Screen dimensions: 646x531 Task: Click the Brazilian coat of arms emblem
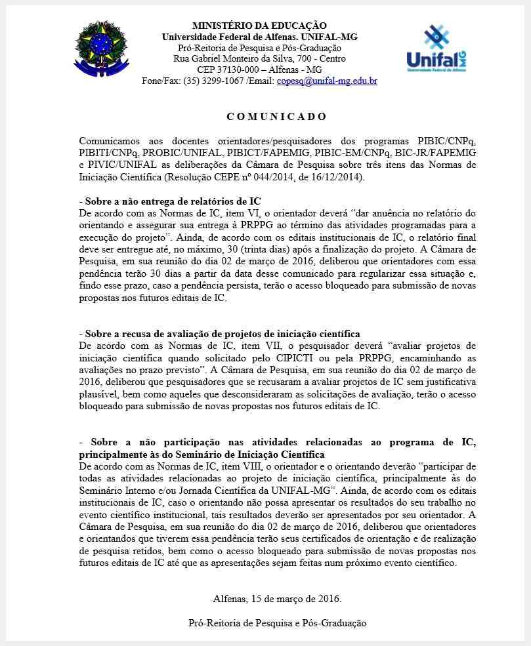click(102, 48)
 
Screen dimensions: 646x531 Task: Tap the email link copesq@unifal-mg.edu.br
click(327, 81)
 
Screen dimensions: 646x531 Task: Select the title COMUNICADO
click(276, 117)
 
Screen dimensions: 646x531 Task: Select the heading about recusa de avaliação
click(219, 334)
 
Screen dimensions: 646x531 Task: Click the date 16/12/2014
click(336, 177)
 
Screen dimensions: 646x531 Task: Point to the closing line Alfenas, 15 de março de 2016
click(277, 599)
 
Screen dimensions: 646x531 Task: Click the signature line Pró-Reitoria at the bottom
click(277, 623)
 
